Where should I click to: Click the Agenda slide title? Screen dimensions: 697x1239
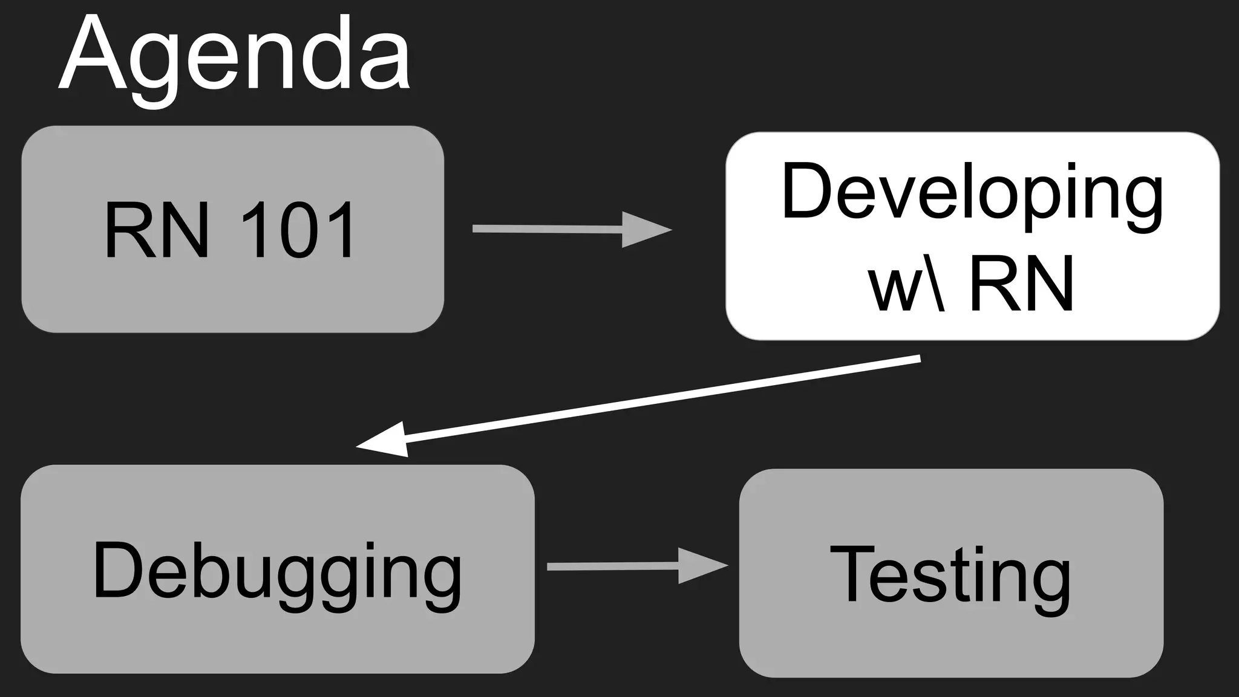pos(235,57)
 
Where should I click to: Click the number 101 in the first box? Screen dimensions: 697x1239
pos(298,231)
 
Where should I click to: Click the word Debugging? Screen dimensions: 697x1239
pos(277,571)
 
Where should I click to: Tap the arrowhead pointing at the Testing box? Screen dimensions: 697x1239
pos(701,566)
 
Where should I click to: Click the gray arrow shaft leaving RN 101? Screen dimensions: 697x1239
pos(544,229)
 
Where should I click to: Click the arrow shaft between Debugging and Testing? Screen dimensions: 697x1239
pos(611,566)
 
